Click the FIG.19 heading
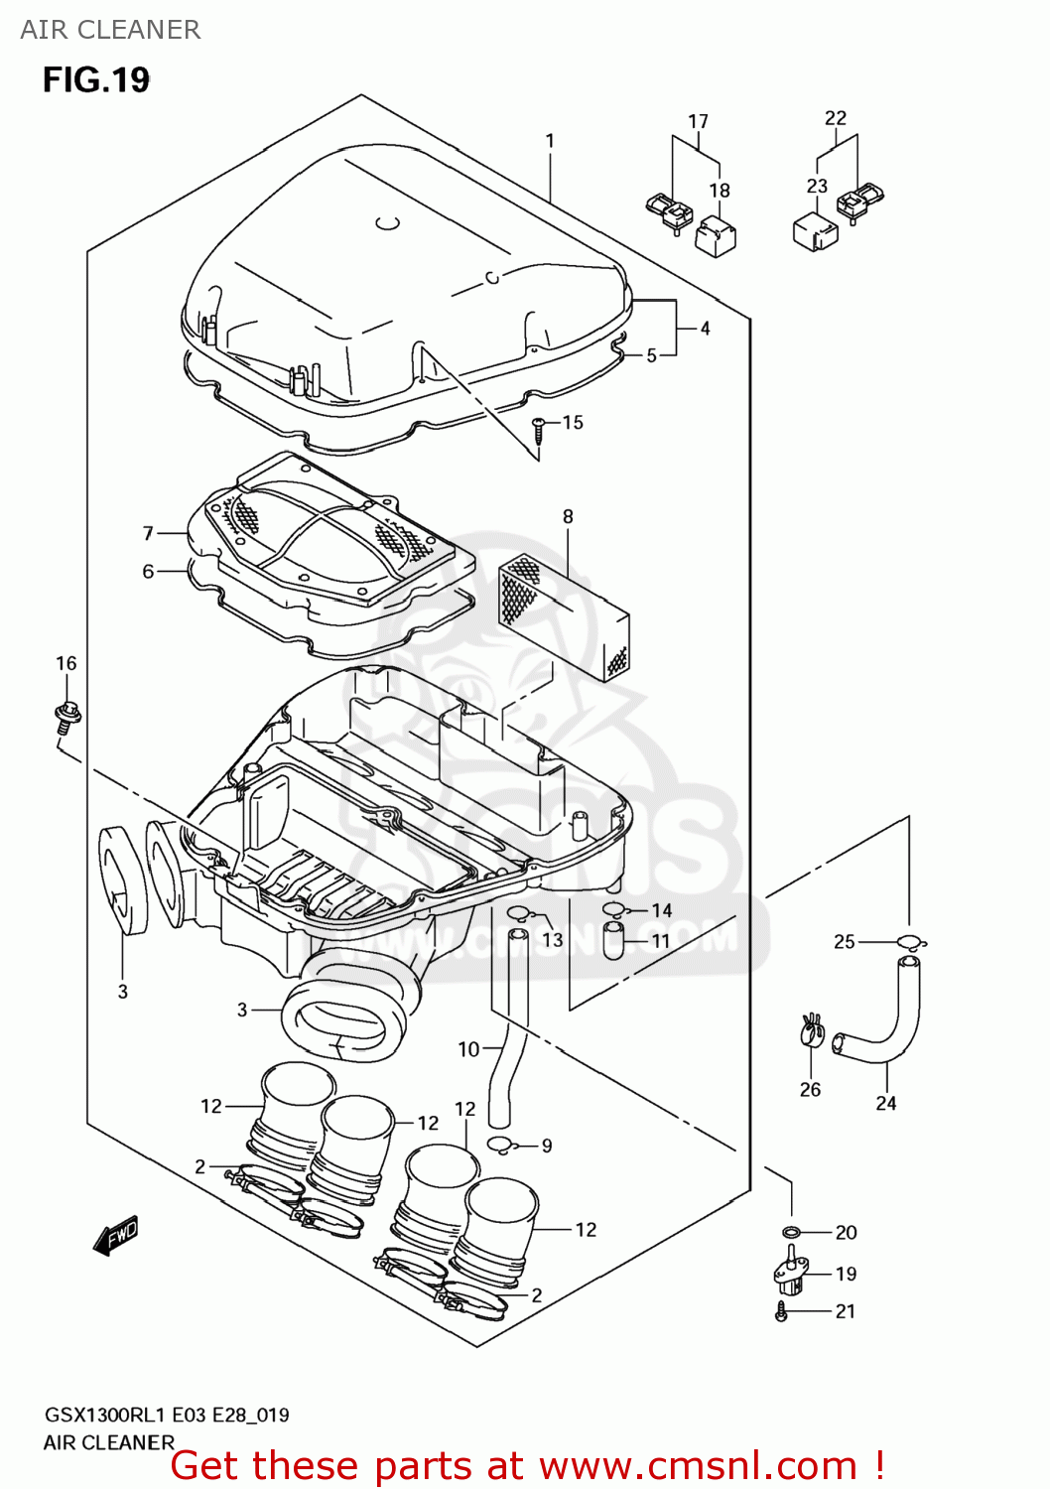[96, 79]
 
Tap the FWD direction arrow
[116, 1236]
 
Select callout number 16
[66, 663]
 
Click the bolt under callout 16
[66, 716]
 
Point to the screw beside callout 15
[539, 428]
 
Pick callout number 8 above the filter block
[568, 516]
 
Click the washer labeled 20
[791, 1233]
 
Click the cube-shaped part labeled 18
[716, 236]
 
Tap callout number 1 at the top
[550, 141]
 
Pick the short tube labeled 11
[613, 940]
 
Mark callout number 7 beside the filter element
[148, 533]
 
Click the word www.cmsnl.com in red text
[698, 1465]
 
